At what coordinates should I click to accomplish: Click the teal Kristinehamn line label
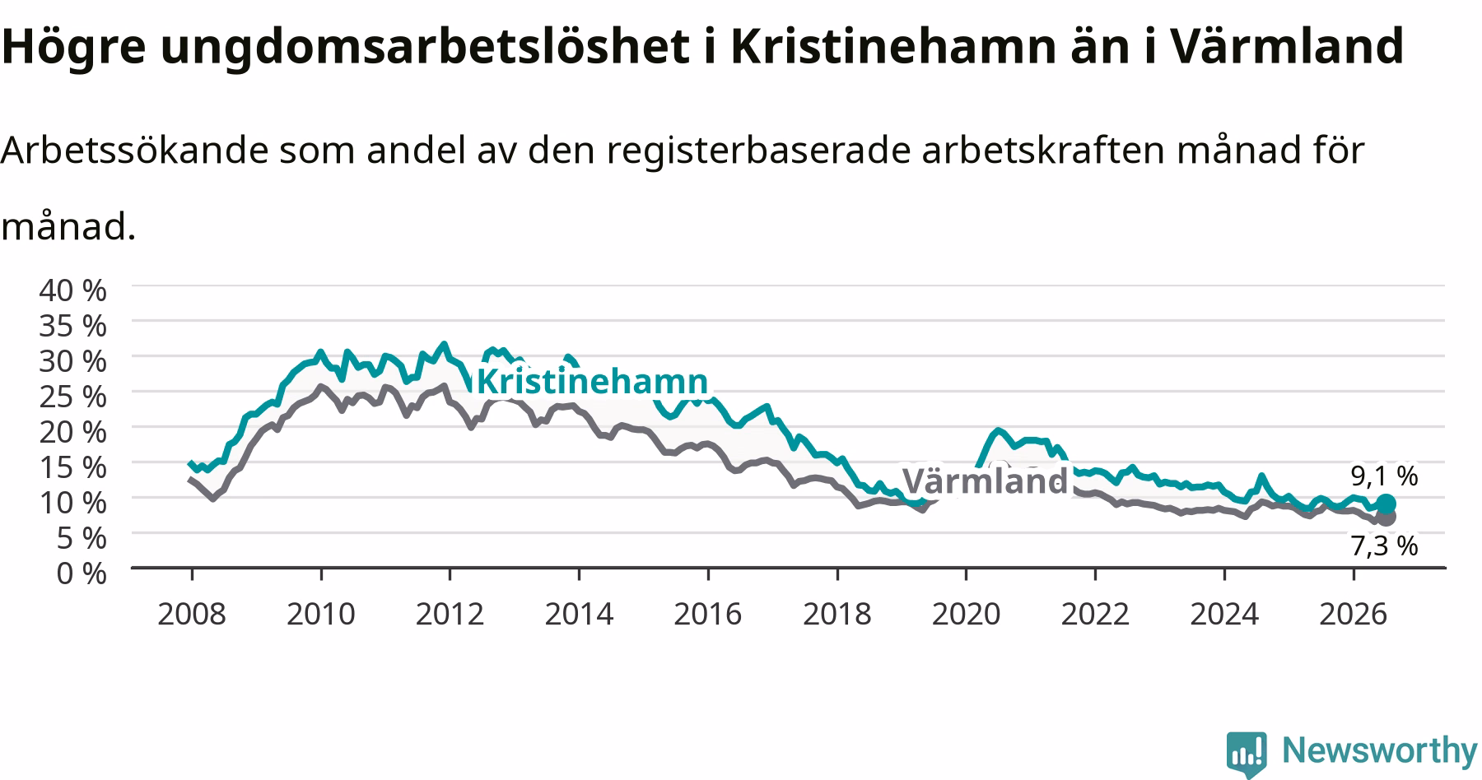592,382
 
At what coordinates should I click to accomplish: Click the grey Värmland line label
985,481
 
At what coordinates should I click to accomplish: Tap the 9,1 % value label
1384,476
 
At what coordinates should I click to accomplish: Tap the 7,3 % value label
1384,546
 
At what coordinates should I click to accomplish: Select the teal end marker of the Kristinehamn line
1386,504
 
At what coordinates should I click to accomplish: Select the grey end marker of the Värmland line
1386,517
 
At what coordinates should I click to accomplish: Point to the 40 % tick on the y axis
73,290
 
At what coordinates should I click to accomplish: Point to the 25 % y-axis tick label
73,396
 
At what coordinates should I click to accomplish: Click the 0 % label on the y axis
82,573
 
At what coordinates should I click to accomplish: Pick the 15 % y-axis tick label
73,467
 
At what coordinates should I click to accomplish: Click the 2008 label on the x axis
192,614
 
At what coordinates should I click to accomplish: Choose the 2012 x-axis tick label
450,614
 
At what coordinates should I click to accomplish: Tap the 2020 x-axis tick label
966,614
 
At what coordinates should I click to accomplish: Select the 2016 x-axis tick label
708,614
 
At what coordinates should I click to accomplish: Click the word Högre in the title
72,47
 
